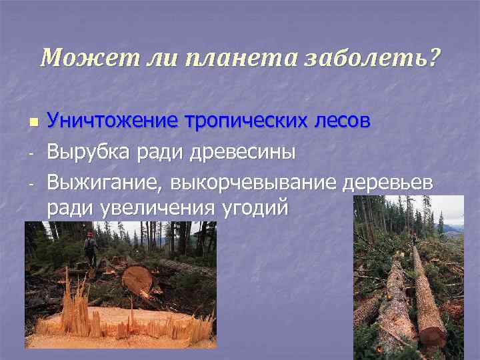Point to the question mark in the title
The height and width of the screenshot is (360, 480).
coord(435,59)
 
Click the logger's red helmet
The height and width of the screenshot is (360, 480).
coord(89,235)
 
